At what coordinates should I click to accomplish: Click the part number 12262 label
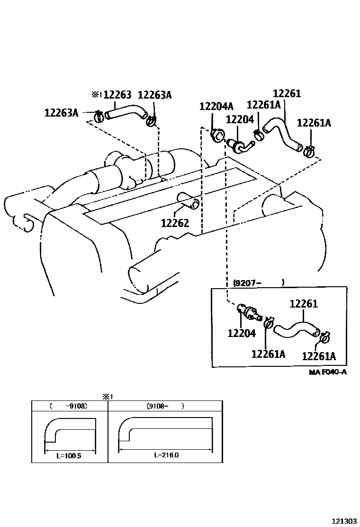[x=175, y=223]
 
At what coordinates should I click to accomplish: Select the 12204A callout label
[x=216, y=107]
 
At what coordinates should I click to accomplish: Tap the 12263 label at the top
[x=117, y=95]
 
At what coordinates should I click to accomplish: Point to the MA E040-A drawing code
[x=328, y=372]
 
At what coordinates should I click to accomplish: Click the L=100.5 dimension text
[x=70, y=455]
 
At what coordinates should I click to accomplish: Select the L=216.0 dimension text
[x=166, y=455]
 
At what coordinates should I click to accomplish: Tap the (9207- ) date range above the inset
[x=259, y=283]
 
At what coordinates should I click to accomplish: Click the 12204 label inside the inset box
[x=242, y=334]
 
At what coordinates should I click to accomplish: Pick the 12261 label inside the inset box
[x=303, y=304]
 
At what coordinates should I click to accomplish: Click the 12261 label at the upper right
[x=287, y=94]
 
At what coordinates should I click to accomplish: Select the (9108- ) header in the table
[x=165, y=406]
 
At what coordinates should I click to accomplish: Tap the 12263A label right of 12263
[x=154, y=95]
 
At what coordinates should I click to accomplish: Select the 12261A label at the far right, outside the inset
[x=314, y=123]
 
